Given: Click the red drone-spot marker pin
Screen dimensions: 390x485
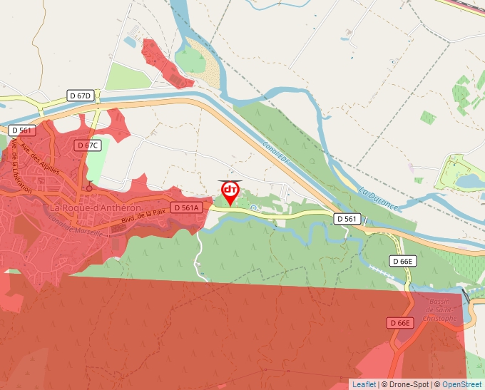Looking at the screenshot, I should pyautogui.click(x=230, y=191).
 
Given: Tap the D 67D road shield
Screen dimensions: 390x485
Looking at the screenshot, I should pyautogui.click(x=81, y=96).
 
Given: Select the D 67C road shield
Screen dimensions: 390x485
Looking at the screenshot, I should pyautogui.click(x=88, y=145).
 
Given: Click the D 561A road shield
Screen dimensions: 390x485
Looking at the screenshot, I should pyautogui.click(x=187, y=207).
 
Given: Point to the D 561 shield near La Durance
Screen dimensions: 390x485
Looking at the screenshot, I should pyautogui.click(x=348, y=219).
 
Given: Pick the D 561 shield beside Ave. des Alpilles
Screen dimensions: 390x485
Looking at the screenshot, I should pyautogui.click(x=23, y=130).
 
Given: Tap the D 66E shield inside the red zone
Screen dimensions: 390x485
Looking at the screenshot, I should pyautogui.click(x=402, y=323).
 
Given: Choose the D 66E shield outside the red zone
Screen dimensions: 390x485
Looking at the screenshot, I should pyautogui.click(x=402, y=262).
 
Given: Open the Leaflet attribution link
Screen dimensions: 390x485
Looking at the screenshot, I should pyautogui.click(x=364, y=384).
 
